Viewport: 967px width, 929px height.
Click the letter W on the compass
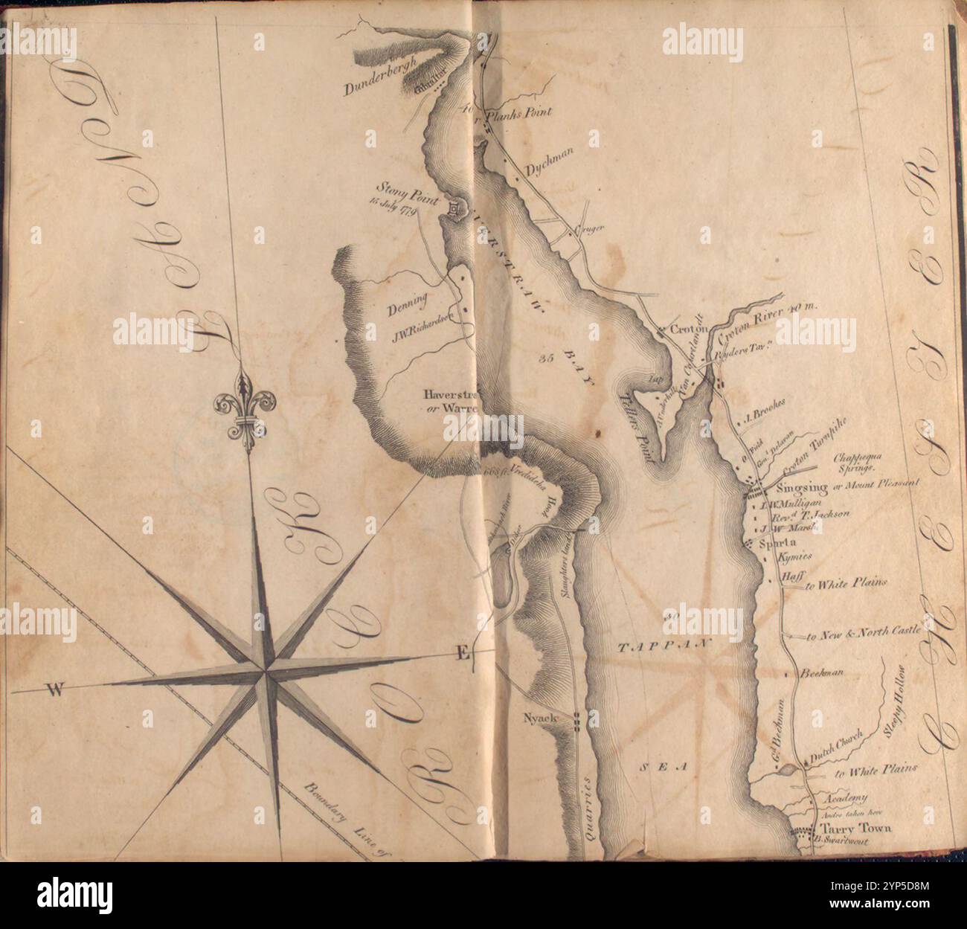[54, 692]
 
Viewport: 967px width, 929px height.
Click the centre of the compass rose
[264, 672]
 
